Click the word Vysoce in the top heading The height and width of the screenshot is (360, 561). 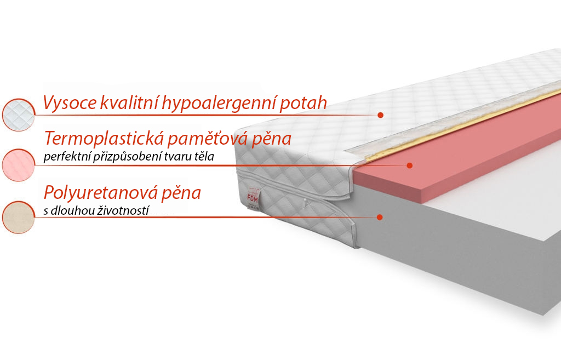[70, 103]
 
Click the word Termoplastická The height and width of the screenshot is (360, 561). [104, 138]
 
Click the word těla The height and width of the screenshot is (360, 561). [204, 156]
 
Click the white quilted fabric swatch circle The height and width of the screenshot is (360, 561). [18, 115]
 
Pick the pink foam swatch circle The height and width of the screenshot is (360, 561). [18, 165]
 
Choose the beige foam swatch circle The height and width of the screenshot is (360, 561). [18, 217]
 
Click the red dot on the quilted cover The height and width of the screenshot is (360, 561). [380, 115]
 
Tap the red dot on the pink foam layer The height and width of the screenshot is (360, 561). [410, 165]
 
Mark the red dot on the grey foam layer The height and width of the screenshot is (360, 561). [380, 217]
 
